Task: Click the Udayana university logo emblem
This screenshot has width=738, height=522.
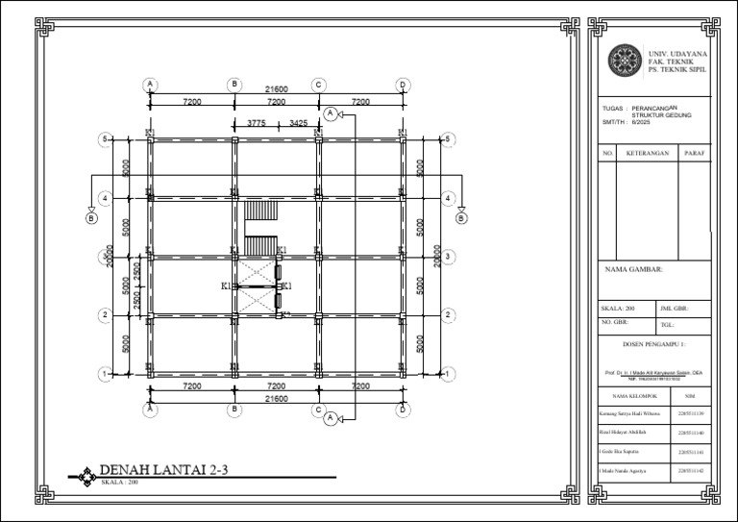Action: pyautogui.click(x=626, y=61)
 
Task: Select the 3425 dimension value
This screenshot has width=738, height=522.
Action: pyautogui.click(x=298, y=123)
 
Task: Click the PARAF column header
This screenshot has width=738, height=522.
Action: pyautogui.click(x=695, y=153)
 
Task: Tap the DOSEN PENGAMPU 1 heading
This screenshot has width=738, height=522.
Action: pyautogui.click(x=653, y=342)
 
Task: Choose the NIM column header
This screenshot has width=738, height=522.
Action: pyautogui.click(x=690, y=395)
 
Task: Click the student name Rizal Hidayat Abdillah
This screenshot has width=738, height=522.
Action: pyautogui.click(x=626, y=433)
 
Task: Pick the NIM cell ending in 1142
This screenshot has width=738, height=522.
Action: pyautogui.click(x=690, y=470)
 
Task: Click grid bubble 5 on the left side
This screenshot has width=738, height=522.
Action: pyautogui.click(x=104, y=139)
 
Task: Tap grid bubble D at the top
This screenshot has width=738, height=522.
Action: pyautogui.click(x=403, y=85)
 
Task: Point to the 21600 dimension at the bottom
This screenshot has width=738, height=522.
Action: pyautogui.click(x=277, y=398)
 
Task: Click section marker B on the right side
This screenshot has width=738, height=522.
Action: pyautogui.click(x=461, y=218)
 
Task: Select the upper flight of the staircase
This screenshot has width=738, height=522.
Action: pyautogui.click(x=259, y=211)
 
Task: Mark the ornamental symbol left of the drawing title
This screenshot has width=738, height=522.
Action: pyautogui.click(x=86, y=474)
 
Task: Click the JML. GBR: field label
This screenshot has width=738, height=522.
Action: pyautogui.click(x=674, y=309)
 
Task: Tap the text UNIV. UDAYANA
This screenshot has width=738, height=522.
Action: pyautogui.click(x=678, y=54)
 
